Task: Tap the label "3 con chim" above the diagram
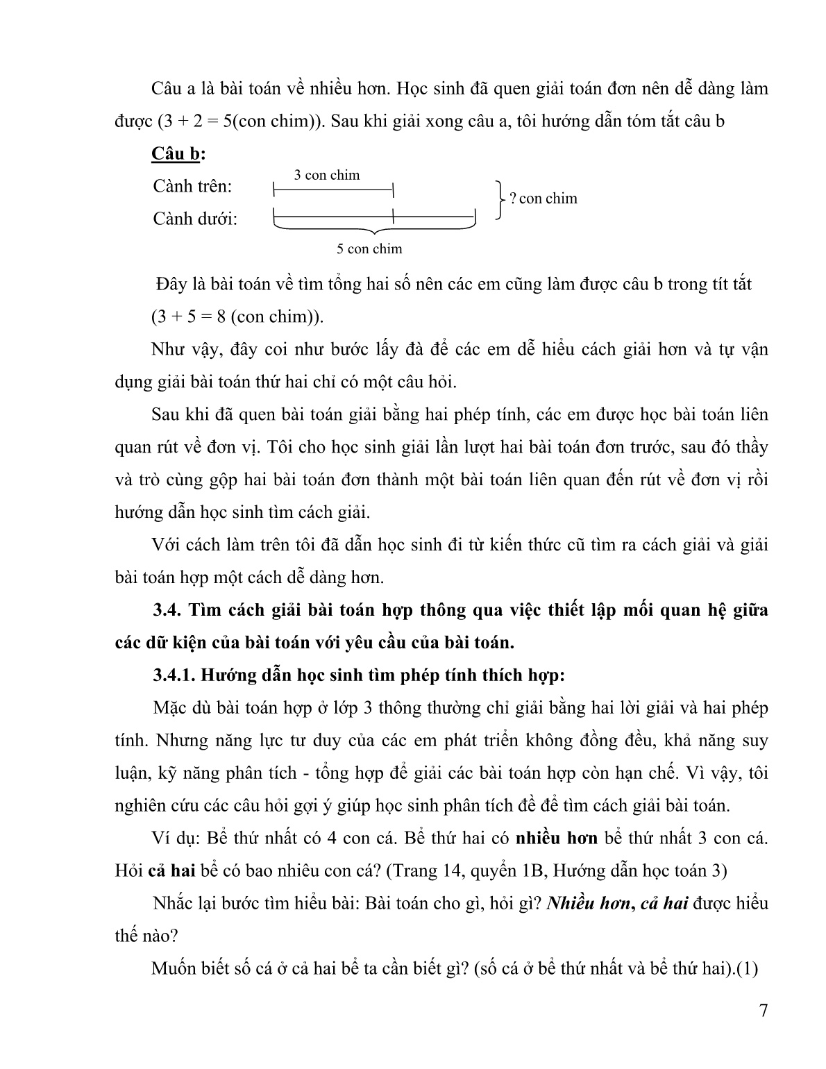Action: tap(326, 175)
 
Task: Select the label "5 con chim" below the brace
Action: tap(369, 249)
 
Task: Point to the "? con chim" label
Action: tap(543, 199)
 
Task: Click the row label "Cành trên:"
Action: tap(193, 187)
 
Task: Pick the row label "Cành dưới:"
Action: tap(195, 219)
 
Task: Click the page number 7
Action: tap(764, 1010)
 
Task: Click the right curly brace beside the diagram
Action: tap(498, 200)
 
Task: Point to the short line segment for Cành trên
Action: tap(333, 188)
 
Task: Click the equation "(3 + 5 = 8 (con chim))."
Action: tap(238, 317)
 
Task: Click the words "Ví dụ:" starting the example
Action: tap(176, 838)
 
